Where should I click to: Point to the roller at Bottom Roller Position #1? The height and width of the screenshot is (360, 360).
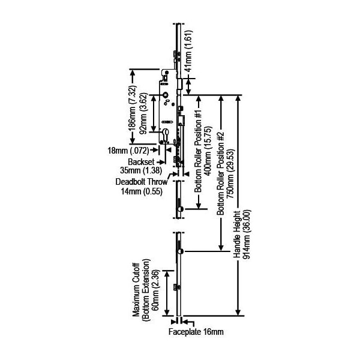pyautogui.click(x=180, y=208)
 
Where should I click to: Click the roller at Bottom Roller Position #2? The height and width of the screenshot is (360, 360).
pyautogui.click(x=180, y=251)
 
